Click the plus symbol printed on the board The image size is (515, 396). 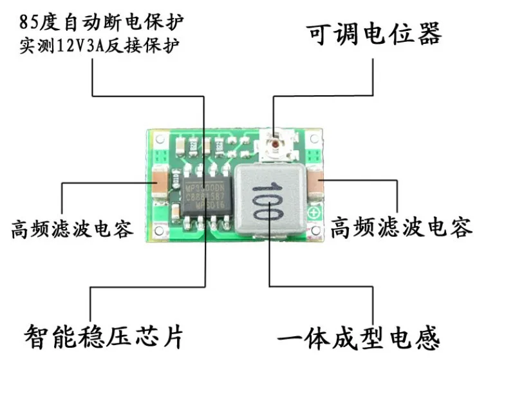(315, 213)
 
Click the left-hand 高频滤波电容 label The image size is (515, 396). (71, 228)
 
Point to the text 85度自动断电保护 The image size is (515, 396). (102, 22)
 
